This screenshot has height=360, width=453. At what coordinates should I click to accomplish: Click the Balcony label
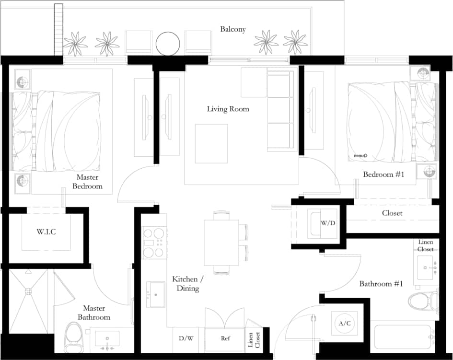pos(233,29)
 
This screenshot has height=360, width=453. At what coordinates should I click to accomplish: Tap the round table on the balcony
pos(168,43)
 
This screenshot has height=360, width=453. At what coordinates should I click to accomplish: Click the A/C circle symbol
pos(344,323)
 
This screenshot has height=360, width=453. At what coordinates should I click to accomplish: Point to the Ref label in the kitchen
pos(225,338)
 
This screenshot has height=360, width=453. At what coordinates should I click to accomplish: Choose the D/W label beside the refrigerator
pos(186,338)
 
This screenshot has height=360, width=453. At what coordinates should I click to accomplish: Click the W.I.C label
pos(46,232)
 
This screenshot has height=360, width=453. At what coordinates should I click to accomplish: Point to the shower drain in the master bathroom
pos(28,291)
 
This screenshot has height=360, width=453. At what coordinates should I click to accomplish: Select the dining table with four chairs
pos(221,243)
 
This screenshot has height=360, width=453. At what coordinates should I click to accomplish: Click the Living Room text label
pos(228,109)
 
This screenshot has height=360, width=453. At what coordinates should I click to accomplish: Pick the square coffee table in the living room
pos(211,143)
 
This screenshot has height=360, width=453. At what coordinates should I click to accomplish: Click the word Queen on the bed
pos(360,155)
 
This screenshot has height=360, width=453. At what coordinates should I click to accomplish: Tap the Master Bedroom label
pos(87,182)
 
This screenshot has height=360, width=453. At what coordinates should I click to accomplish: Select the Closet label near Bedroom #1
pos(392,213)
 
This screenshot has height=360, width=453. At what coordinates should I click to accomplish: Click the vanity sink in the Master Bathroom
pos(107,339)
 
